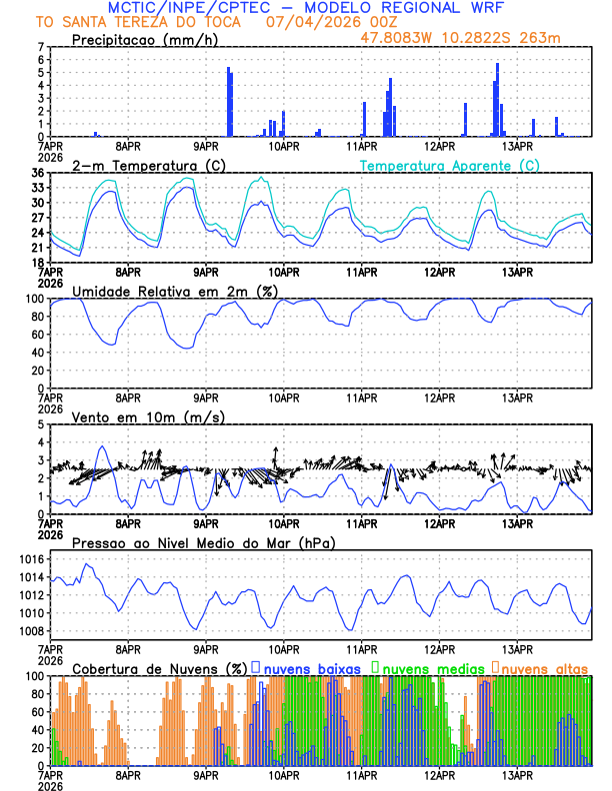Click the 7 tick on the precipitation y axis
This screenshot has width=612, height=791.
pyautogui.click(x=41, y=47)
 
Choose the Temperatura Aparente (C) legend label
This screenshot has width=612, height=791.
pyautogui.click(x=449, y=165)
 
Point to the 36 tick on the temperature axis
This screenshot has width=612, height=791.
pyautogui.click(x=37, y=173)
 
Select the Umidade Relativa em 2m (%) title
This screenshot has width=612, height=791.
pyautogui.click(x=175, y=291)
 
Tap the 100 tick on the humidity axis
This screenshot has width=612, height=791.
pyautogui.click(x=33, y=299)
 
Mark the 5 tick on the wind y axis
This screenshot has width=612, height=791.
pyautogui.click(x=41, y=424)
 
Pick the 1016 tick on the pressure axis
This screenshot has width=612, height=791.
pyautogui.click(x=30, y=559)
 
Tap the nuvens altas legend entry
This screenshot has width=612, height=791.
pyautogui.click(x=545, y=667)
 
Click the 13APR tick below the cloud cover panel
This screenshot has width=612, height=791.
pyautogui.click(x=517, y=774)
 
